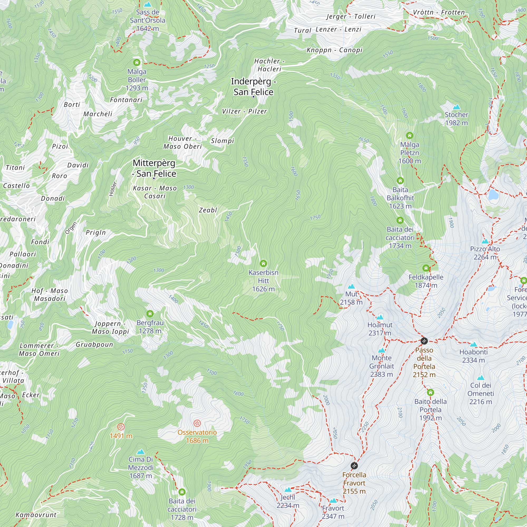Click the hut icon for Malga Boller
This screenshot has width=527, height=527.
[137, 63]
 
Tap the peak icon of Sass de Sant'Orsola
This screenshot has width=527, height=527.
[148, 5]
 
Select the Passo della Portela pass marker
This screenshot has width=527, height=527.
[424, 340]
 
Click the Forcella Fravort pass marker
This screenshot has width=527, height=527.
[354, 466]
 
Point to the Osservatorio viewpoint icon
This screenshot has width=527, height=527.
[197, 423]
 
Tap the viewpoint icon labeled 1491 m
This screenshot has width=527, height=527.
[121, 427]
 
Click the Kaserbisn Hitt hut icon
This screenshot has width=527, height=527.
[263, 263]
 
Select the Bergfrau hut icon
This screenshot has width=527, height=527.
[150, 314]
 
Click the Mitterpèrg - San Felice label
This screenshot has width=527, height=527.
[154, 168]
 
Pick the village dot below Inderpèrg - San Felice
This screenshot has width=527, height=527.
[253, 97]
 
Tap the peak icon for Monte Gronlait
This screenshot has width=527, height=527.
[382, 350]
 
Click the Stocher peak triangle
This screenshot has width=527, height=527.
[456, 107]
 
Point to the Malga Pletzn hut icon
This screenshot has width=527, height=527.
[409, 135]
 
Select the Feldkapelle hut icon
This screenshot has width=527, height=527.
[426, 268]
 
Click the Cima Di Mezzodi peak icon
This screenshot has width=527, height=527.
[140, 452]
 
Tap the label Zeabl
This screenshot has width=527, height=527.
[208, 210]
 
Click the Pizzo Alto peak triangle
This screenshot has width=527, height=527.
[485, 241]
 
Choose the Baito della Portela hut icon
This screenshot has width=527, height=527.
[431, 393]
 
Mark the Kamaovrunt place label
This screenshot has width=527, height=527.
[36, 515]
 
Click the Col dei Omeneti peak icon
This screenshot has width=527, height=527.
[481, 378]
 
